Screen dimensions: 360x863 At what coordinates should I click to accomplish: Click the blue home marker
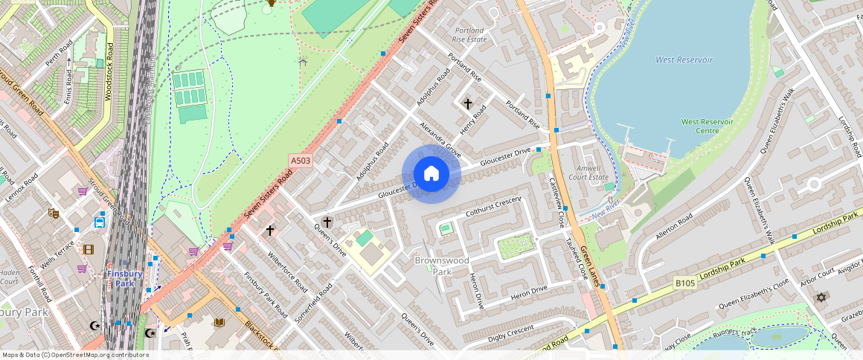coord(431,174)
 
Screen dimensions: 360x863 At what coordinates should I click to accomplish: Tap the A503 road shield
coord(300,160)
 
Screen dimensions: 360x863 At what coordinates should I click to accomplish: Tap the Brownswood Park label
coord(442,266)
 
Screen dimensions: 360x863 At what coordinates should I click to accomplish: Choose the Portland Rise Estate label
coord(469,35)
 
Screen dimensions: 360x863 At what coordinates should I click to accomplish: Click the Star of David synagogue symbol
coord(821,298)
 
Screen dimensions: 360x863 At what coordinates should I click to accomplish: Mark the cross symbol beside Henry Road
coord(468,103)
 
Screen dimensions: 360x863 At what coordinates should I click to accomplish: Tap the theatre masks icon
coord(54,213)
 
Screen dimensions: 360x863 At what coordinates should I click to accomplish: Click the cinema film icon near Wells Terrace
coord(89,249)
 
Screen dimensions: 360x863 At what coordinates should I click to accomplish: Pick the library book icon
coord(219,322)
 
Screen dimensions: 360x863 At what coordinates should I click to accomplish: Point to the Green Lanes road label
coord(590,266)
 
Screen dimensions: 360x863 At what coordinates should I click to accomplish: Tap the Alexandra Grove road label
coord(440,141)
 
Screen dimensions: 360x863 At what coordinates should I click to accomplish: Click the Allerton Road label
coord(674,225)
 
